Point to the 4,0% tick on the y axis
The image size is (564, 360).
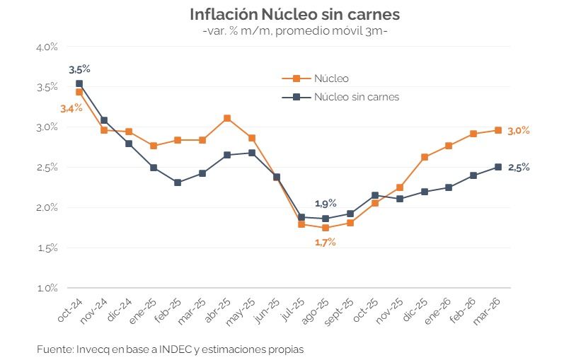47,47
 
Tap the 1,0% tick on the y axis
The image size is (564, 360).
47,289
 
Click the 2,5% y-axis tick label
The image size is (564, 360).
47,168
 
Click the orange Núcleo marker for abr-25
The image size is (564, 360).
226,118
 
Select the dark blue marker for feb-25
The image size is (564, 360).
178,182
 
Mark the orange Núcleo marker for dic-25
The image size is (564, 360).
425,157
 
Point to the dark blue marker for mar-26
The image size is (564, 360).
498,167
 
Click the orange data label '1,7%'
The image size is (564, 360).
325,242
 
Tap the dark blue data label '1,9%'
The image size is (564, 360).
326,204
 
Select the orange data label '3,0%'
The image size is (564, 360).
519,130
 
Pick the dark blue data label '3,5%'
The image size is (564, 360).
79,69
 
